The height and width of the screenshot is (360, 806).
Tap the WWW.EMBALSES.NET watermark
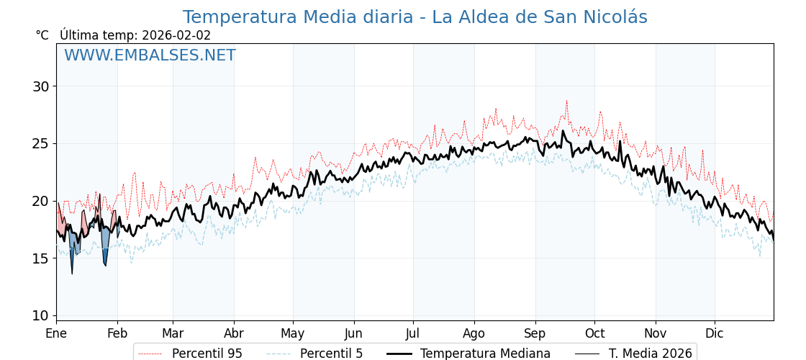(150, 55)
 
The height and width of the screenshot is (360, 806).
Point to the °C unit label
(42, 35)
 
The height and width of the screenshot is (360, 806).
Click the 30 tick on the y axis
(40, 86)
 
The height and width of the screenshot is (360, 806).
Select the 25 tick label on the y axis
(40, 143)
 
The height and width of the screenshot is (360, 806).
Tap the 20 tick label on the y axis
(40, 201)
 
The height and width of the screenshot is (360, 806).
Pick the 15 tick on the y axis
(40, 258)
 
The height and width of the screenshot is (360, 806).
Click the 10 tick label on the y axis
(40, 315)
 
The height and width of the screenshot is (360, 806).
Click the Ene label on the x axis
(56, 333)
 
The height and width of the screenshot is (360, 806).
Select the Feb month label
(117, 333)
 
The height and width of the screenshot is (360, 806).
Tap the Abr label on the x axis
(234, 333)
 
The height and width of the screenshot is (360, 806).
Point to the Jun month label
(353, 333)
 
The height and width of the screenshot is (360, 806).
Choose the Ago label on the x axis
(474, 333)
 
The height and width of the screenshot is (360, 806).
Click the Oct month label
(594, 333)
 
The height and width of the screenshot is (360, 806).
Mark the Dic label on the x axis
(715, 333)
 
